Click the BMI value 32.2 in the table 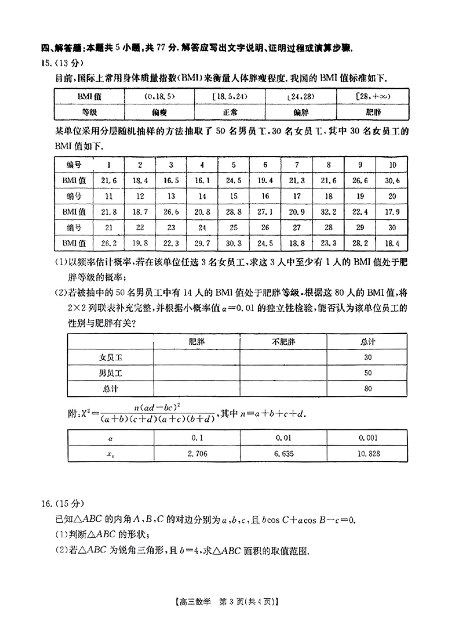328,211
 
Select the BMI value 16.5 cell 171,180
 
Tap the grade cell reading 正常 229,112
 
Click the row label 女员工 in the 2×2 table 111,357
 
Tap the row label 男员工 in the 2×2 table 111,373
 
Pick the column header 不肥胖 283,342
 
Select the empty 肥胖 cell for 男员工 197,373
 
